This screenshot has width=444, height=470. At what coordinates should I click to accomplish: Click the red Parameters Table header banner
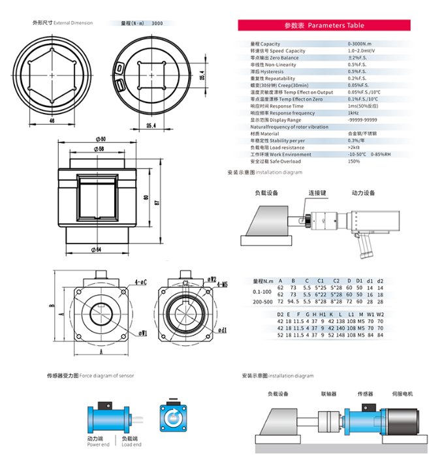324,25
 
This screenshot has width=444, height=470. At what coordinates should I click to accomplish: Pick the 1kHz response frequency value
353,113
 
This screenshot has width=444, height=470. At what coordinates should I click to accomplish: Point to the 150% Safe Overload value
354,161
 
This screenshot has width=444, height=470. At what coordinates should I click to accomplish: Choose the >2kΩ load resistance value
355,147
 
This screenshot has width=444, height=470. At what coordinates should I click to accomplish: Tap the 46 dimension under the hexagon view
52,121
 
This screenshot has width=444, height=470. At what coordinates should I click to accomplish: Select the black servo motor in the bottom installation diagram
404,418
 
